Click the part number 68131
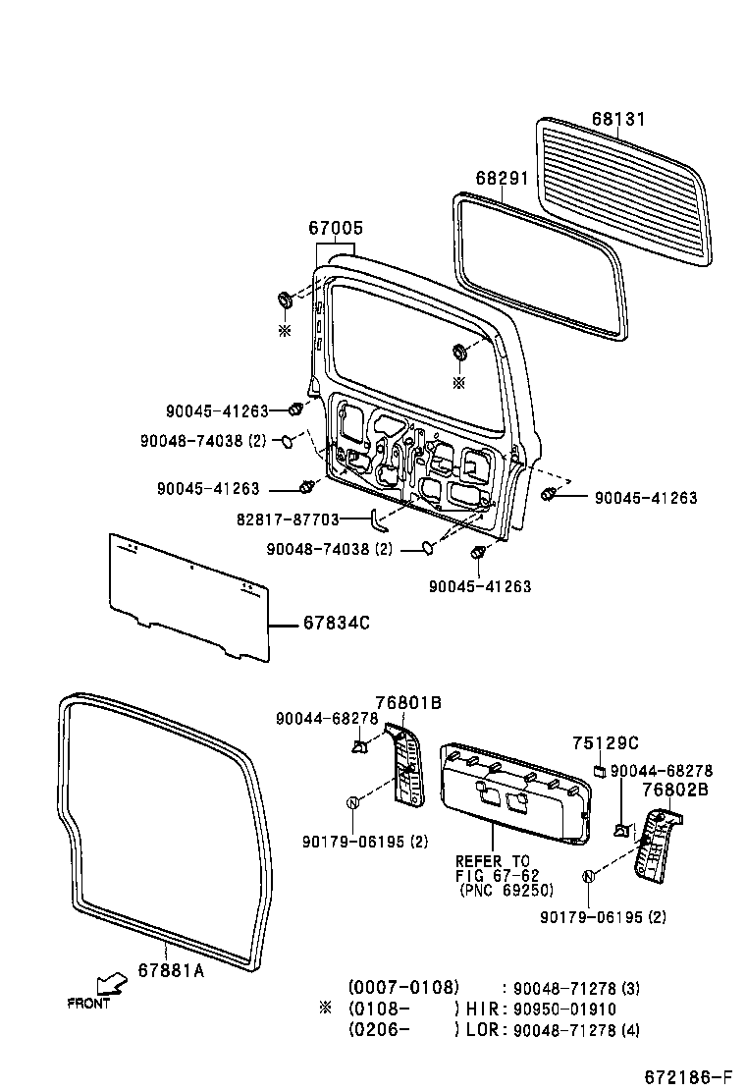(618, 119)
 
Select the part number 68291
(502, 179)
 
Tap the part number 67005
(336, 228)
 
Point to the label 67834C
(336, 622)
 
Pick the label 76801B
(407, 702)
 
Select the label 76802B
(675, 790)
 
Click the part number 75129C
(606, 742)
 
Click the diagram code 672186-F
(688, 1077)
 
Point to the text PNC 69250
(506, 891)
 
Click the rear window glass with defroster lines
(624, 191)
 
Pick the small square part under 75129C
(597, 769)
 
